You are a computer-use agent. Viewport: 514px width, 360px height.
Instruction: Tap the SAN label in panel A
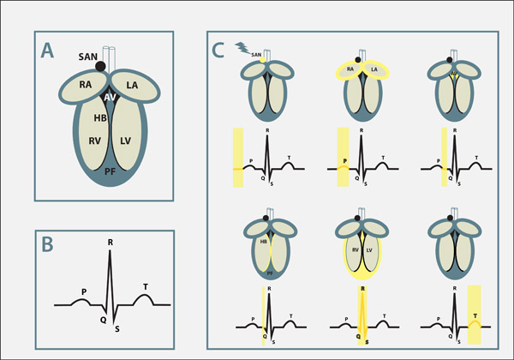point(85,56)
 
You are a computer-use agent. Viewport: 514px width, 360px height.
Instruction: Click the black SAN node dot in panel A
point(101,66)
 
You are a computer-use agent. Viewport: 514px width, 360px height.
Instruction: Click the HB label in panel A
point(99,117)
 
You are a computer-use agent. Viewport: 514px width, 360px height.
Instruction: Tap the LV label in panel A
point(125,139)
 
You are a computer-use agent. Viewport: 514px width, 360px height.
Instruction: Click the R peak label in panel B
point(110,243)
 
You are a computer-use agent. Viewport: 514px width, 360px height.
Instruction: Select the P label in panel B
point(84,291)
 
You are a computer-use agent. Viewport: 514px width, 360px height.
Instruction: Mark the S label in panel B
point(117,327)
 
